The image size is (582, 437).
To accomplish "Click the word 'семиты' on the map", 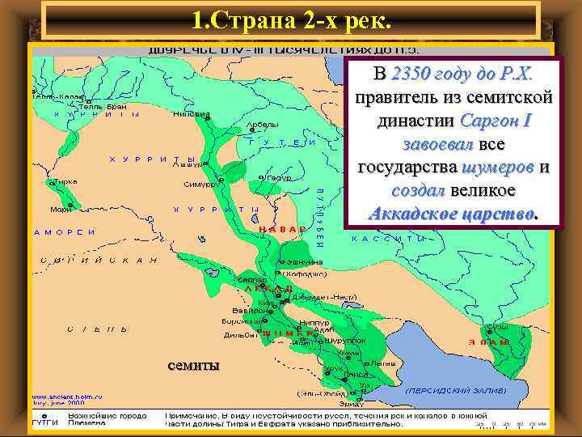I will click(192, 366).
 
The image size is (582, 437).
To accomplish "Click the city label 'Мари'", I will click(61, 210).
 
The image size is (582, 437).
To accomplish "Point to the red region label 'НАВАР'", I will click(282, 229).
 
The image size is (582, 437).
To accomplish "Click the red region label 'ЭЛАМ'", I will click(494, 342).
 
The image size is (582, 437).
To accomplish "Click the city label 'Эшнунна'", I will click(306, 262).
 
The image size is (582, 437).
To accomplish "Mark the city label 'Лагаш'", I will click(384, 363).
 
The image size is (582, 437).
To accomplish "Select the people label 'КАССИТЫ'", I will click(389, 240).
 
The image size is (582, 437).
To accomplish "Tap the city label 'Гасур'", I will click(280, 176).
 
